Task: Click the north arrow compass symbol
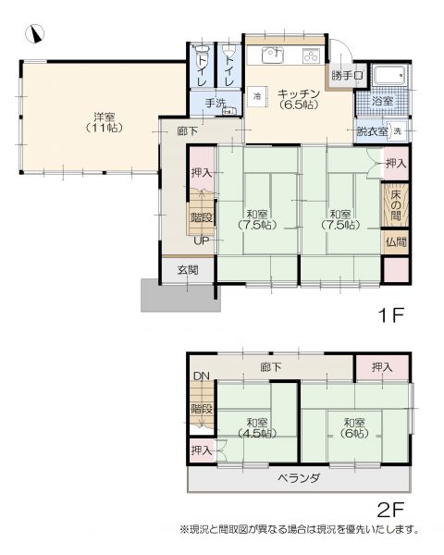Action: pyautogui.click(x=35, y=33)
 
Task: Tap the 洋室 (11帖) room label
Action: pyautogui.click(x=105, y=122)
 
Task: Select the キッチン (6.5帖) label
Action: pyautogui.click(x=299, y=99)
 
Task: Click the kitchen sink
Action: pyautogui.click(x=273, y=55)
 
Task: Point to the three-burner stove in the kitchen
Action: pyautogui.click(x=312, y=55)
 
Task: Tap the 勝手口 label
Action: pyautogui.click(x=348, y=76)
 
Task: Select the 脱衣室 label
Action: pyautogui.click(x=372, y=131)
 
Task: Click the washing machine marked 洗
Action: pyautogui.click(x=397, y=130)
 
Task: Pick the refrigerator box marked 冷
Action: pyautogui.click(x=257, y=96)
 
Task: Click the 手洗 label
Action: pyautogui.click(x=216, y=104)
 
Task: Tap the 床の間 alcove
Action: pyautogui.click(x=396, y=204)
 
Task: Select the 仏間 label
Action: pyautogui.click(x=396, y=242)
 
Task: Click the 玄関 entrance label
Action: pyautogui.click(x=188, y=270)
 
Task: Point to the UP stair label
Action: pyautogui.click(x=201, y=240)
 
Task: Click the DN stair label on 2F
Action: pyautogui.click(x=202, y=376)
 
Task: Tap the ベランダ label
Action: pyautogui.click(x=299, y=478)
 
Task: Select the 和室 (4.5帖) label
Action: pyautogui.click(x=257, y=428)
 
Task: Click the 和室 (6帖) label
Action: pyautogui.click(x=354, y=427)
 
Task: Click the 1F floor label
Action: pyautogui.click(x=390, y=315)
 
